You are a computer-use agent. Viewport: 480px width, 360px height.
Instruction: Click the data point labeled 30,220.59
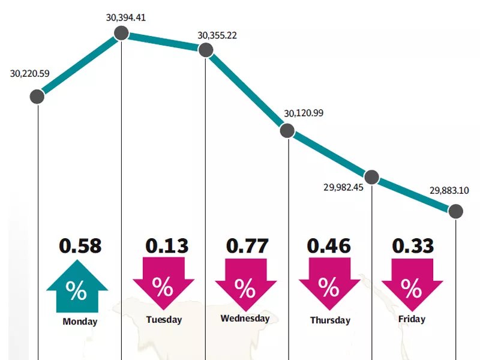click(x=37, y=96)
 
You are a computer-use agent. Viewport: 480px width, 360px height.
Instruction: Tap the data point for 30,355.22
click(x=206, y=51)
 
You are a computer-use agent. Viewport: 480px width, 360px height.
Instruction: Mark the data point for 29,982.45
click(x=372, y=177)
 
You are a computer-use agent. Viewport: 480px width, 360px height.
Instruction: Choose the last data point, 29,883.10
click(x=456, y=211)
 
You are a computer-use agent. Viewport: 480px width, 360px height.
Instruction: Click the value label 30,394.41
click(x=126, y=17)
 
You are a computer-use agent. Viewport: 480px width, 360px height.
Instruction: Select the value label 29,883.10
click(x=449, y=191)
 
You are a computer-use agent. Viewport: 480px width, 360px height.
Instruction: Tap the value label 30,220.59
click(x=30, y=74)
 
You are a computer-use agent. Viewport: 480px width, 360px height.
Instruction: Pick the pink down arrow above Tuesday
click(x=163, y=285)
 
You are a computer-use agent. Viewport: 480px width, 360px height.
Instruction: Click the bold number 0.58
click(x=80, y=245)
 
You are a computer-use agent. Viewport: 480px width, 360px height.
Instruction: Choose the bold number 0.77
click(x=246, y=245)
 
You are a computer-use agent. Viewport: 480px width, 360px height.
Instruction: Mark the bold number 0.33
click(x=413, y=245)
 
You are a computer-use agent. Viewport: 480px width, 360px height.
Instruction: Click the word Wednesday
click(x=245, y=318)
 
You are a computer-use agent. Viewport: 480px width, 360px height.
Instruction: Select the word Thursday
click(x=330, y=320)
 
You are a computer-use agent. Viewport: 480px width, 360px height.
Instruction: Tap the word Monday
click(x=80, y=322)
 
